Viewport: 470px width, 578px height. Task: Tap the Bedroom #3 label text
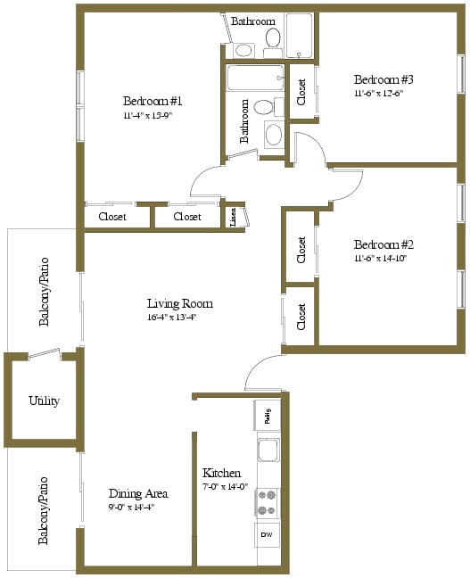pos(383,78)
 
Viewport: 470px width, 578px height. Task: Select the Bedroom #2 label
pos(383,244)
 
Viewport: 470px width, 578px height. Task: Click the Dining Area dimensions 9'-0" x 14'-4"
pos(138,508)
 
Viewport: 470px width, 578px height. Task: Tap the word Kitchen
pos(220,472)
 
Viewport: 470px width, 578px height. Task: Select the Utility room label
pos(44,400)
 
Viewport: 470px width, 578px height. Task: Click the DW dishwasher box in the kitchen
pos(268,533)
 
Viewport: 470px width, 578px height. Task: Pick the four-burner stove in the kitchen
pos(267,503)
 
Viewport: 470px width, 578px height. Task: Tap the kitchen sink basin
pos(268,449)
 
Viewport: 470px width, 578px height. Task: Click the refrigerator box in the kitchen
pos(267,414)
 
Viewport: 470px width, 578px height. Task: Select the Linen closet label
pos(233,216)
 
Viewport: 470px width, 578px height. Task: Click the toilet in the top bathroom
pos(273,38)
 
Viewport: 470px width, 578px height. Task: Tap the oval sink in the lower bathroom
pos(273,135)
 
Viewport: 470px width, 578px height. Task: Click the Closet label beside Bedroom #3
pos(301,92)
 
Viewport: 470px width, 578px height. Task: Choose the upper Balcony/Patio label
pos(44,302)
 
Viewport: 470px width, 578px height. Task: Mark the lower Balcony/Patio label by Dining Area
pos(44,509)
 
